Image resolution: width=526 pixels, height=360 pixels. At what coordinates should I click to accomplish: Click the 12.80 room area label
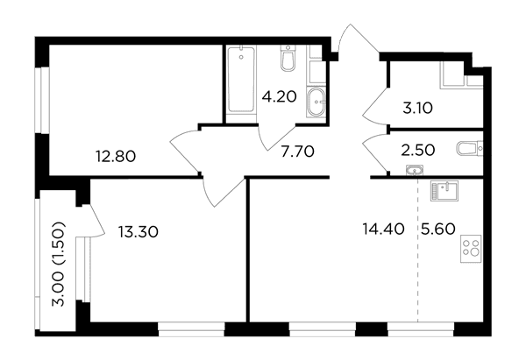(116, 156)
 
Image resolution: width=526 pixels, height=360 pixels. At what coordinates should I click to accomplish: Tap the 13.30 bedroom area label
(138, 231)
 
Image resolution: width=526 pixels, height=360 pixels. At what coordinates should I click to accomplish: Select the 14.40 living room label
(383, 229)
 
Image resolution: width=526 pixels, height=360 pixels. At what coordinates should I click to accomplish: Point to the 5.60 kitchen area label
(437, 229)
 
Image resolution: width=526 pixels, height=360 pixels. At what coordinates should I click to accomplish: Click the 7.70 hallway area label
(297, 152)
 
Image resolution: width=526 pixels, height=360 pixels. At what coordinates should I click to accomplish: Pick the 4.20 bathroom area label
(280, 97)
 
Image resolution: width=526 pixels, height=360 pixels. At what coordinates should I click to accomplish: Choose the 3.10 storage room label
(417, 109)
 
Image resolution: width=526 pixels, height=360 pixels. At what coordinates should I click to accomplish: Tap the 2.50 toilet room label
(418, 150)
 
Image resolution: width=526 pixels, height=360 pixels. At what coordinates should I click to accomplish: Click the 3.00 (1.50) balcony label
(59, 264)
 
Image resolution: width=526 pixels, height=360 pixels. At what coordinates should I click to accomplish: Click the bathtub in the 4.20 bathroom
(241, 80)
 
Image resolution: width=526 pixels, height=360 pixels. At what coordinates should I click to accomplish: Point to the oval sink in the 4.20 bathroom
(316, 102)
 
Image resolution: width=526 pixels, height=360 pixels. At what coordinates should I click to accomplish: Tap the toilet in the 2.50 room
(470, 149)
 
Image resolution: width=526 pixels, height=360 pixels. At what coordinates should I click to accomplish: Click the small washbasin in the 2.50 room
(415, 170)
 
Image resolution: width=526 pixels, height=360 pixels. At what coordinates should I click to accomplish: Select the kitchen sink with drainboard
(444, 191)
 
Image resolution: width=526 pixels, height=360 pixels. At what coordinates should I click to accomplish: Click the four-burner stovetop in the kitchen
(471, 249)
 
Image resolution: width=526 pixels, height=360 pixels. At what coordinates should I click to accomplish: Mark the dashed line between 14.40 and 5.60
(417, 250)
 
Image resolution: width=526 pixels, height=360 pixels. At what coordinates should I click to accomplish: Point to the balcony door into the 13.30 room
(95, 222)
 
